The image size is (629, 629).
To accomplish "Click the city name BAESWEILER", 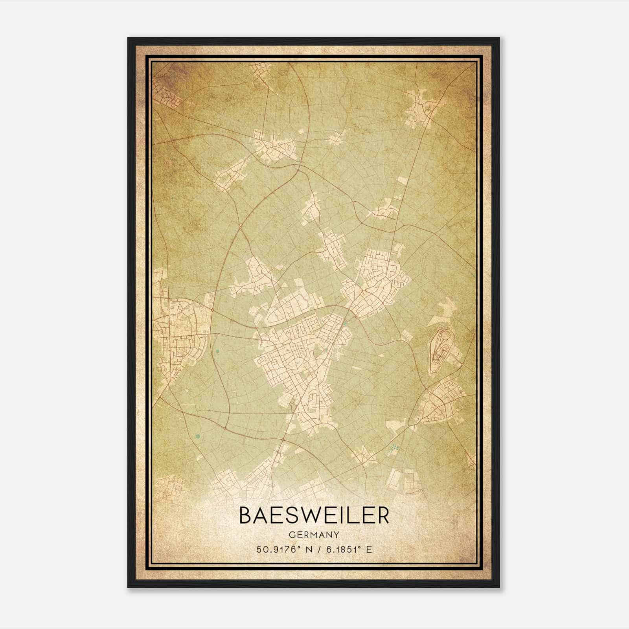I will pos(314,516).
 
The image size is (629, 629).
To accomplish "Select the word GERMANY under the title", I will pos(314,535).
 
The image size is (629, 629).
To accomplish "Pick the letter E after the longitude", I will pos(369,550).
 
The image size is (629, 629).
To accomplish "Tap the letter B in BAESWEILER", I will pos(245,516).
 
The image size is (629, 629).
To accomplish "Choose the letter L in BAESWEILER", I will pos(353,516).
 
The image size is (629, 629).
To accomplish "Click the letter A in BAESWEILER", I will pos(262,516).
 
